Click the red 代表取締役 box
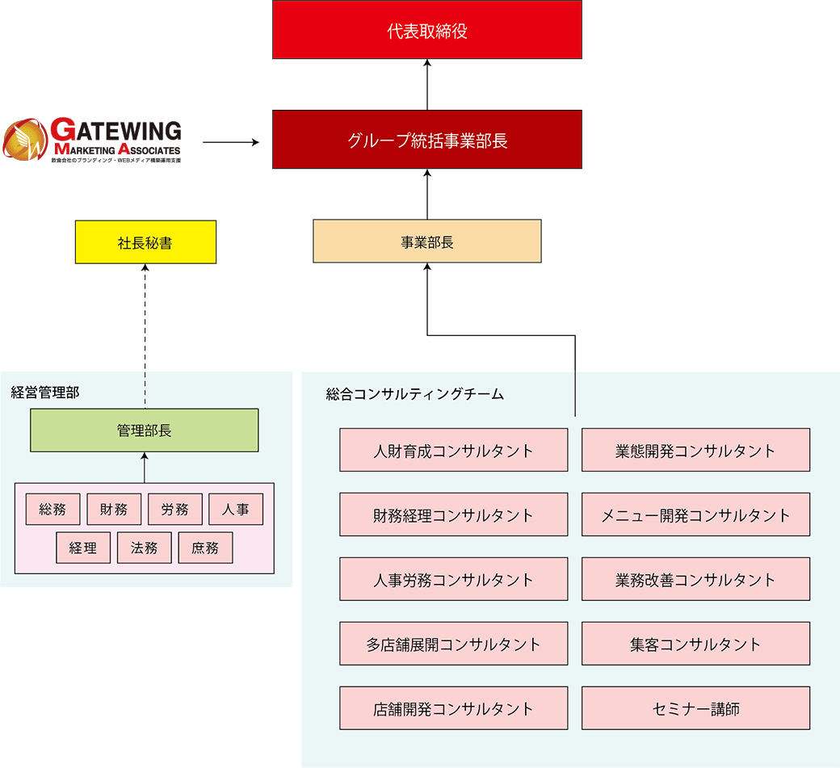click(x=426, y=30)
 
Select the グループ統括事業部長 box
click(x=426, y=140)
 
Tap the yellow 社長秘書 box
click(x=145, y=242)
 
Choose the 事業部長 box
click(x=426, y=241)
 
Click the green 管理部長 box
click(x=144, y=430)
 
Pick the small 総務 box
click(x=52, y=510)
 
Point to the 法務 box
click(x=144, y=548)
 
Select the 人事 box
click(x=235, y=510)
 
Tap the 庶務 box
click(x=205, y=548)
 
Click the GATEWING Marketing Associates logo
click(x=92, y=141)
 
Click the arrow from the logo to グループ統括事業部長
click(x=230, y=143)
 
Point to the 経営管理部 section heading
click(x=45, y=393)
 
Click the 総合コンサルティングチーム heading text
click(x=414, y=394)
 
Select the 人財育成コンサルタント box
click(x=453, y=451)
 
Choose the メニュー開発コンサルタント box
click(x=695, y=515)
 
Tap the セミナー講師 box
click(x=695, y=709)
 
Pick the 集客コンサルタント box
click(x=695, y=644)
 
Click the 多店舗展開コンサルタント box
click(x=453, y=644)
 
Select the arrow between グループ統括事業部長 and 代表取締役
click(x=426, y=85)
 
